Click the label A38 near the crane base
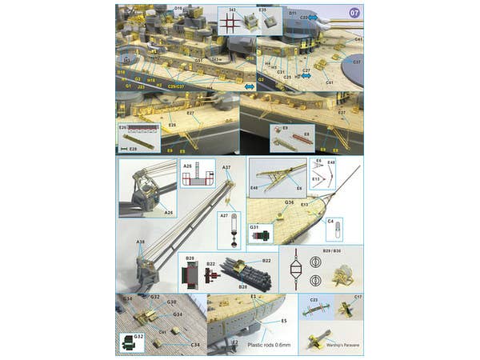[140, 242]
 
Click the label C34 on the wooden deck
[194, 345]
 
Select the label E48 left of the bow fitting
[254, 188]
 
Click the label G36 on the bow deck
[289, 202]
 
